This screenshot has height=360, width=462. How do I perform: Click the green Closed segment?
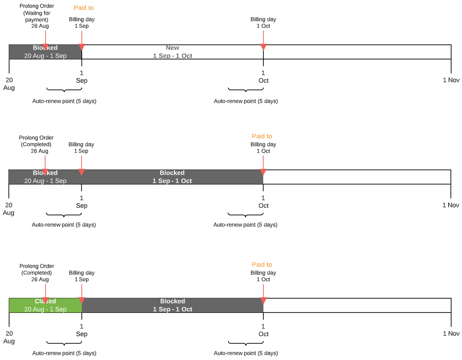tap(45, 305)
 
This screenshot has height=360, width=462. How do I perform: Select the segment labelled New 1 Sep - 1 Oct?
tap(172, 52)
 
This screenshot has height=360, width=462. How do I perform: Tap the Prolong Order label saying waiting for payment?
tap(36, 16)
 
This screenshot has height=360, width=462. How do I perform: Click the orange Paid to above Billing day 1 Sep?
tap(84, 8)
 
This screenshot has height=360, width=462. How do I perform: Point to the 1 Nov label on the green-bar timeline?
tap(451, 333)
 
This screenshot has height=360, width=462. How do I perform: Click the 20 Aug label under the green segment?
tap(9, 337)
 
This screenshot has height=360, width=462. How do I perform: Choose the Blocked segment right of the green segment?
tap(172, 305)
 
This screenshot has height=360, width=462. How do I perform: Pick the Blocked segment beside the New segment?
tap(45, 52)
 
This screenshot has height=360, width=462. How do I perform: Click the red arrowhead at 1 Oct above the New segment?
tap(263, 47)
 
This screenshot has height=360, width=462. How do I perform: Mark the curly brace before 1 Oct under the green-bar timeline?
tap(246, 343)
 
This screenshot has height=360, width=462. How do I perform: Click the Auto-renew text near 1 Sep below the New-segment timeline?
tap(64, 101)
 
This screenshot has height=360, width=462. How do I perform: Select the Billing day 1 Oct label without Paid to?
tap(263, 22)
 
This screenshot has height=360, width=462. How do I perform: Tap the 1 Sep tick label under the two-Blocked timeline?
tap(81, 202)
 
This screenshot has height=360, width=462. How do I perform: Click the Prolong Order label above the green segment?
tap(37, 272)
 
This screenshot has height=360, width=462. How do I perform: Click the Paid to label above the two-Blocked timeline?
tap(262, 136)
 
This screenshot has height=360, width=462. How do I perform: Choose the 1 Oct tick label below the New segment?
tap(263, 77)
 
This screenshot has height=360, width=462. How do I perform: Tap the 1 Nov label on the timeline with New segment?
tap(451, 80)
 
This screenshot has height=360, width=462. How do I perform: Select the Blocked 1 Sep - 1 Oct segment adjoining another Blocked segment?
tap(172, 177)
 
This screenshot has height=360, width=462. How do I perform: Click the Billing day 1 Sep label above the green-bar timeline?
tap(82, 276)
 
